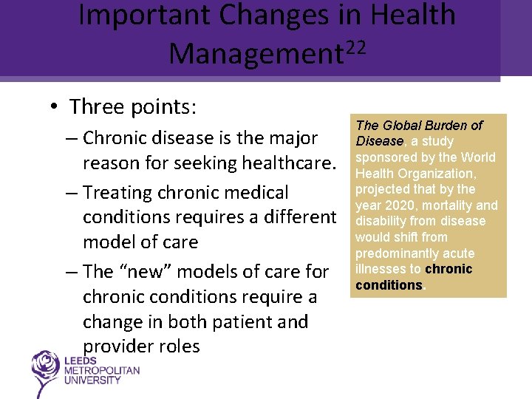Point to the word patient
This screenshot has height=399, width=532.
pyautogui.click(x=240, y=322)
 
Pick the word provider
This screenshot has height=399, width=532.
pyautogui.click(x=118, y=347)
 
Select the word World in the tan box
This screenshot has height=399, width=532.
pyautogui.click(x=478, y=157)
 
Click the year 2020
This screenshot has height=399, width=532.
pyautogui.click(x=399, y=205)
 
